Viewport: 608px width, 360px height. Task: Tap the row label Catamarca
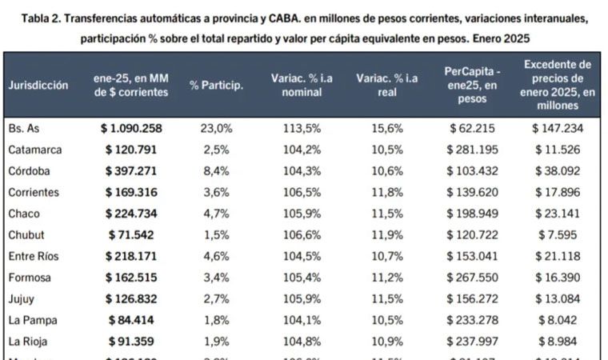tap(35, 150)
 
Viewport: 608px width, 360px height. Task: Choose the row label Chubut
tap(27, 234)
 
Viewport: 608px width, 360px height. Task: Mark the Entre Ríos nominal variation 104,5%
tap(302, 256)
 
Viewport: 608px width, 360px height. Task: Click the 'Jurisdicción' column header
tap(38, 85)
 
